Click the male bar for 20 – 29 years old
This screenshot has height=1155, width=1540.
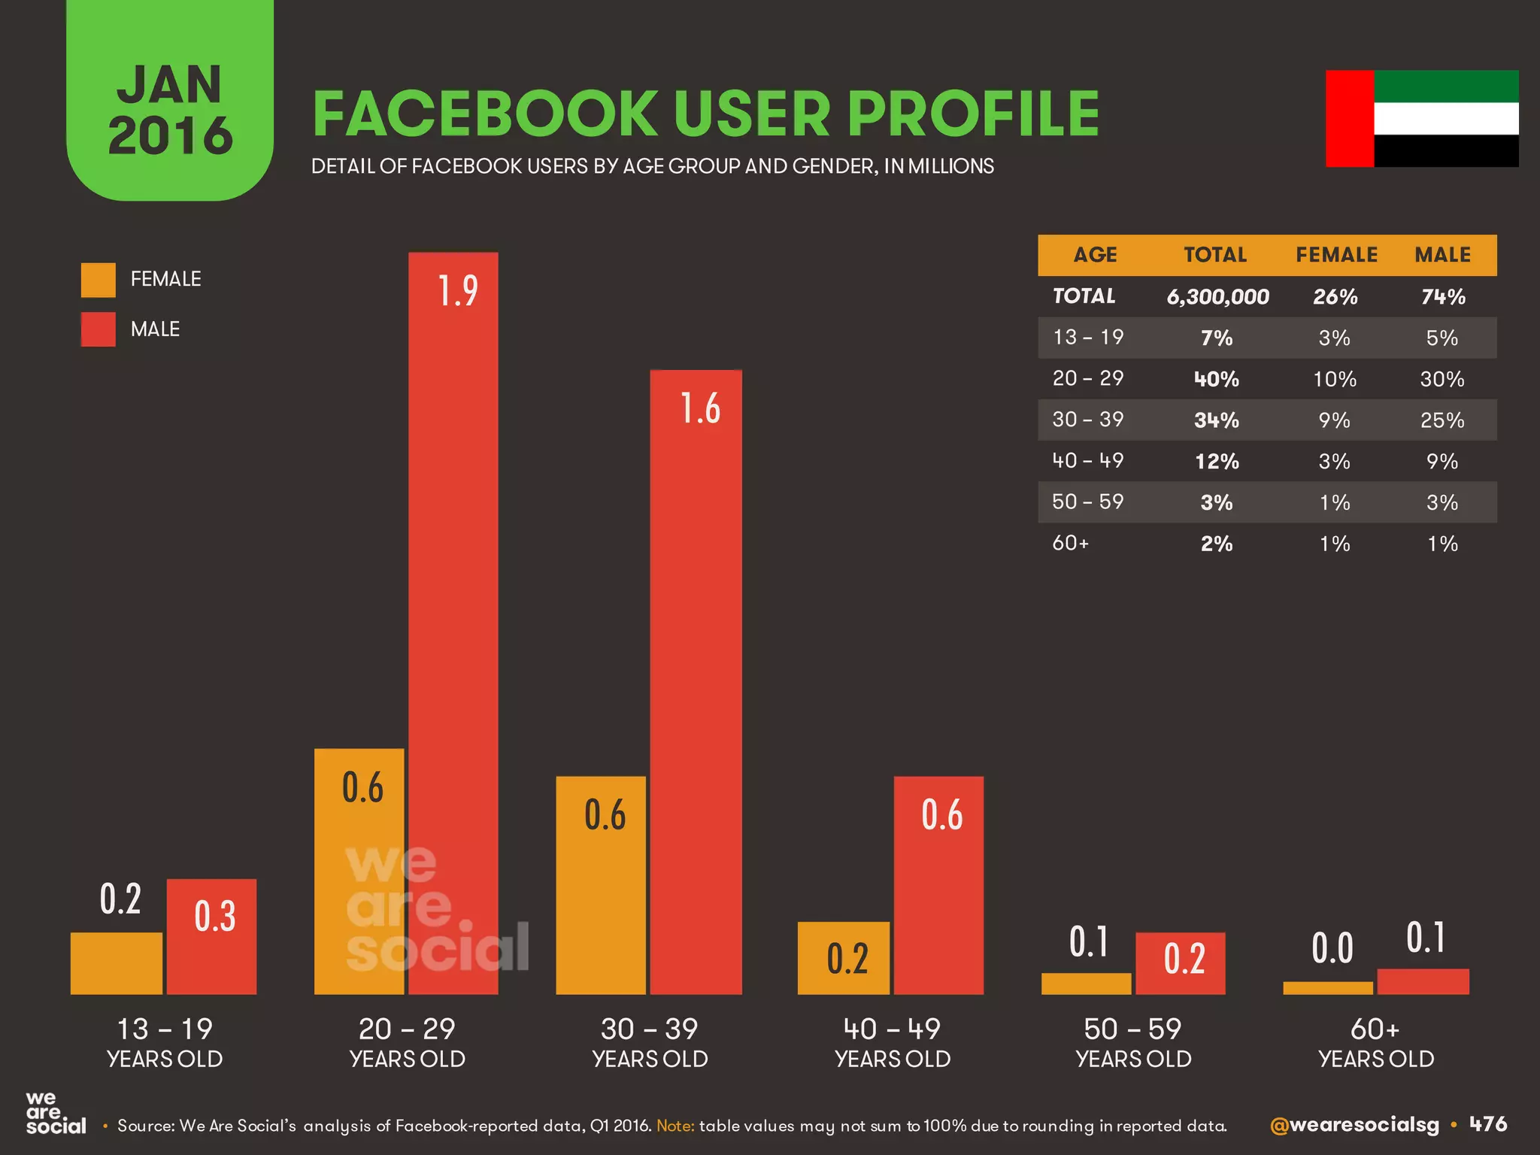coord(453,624)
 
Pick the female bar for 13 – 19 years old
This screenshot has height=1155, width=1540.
coord(117,963)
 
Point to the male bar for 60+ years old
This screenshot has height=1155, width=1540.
coord(1423,981)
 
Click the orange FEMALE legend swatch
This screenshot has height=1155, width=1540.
coord(99,280)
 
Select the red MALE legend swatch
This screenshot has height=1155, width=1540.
coord(99,329)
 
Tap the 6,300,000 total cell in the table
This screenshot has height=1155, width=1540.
coord(1217,297)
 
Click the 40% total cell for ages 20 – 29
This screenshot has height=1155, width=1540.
coord(1217,379)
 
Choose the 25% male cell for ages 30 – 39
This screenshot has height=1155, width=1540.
coord(1442,420)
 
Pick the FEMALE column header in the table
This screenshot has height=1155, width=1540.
coord(1336,255)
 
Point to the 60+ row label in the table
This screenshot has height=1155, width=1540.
coord(1071,543)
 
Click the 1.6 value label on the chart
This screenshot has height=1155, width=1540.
coord(700,408)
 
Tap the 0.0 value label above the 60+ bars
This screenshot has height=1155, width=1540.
coord(1332,947)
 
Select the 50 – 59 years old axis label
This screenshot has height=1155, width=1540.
coord(1133,1042)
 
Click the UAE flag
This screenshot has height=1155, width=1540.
coord(1422,119)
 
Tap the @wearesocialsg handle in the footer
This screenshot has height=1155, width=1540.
coord(1354,1125)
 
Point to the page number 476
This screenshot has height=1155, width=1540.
coord(1488,1124)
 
